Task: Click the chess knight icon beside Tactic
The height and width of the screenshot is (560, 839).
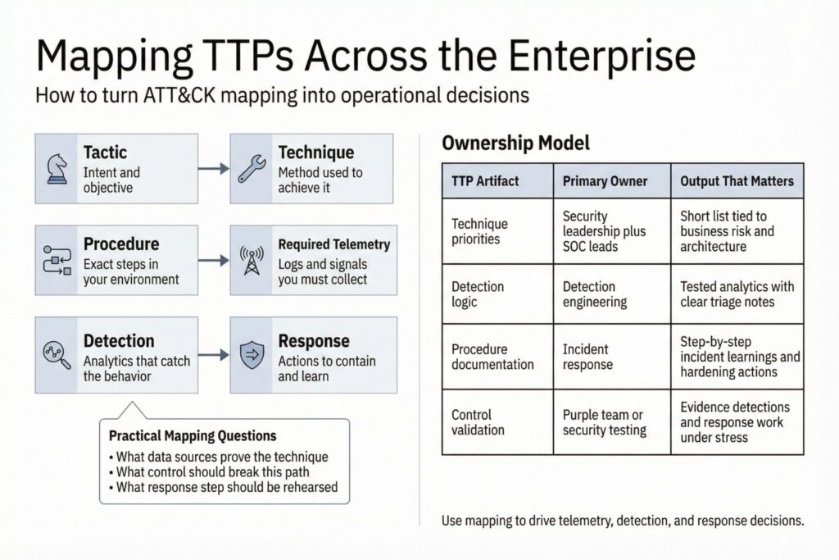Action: coord(56,168)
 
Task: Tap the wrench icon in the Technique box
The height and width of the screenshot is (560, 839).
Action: coord(251,168)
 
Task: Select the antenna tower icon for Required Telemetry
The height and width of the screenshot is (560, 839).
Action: coord(251,260)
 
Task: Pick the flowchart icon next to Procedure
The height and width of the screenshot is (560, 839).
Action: coord(56,260)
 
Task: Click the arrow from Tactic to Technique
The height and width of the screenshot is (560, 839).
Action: coord(213,168)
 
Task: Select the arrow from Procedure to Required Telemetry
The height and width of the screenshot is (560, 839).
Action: coord(213,260)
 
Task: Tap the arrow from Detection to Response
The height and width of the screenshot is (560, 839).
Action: coord(213,355)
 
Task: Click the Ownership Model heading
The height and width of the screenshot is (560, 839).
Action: coord(515,143)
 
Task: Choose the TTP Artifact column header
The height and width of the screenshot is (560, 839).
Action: coord(485,181)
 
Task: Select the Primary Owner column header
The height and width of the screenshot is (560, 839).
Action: coord(605,181)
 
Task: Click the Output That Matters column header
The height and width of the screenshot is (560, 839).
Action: coord(737,181)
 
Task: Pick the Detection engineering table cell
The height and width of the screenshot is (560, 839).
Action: coord(594,294)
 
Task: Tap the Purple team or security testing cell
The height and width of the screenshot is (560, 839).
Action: coord(604,422)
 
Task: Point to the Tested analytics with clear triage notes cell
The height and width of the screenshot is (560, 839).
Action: coord(737,294)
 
